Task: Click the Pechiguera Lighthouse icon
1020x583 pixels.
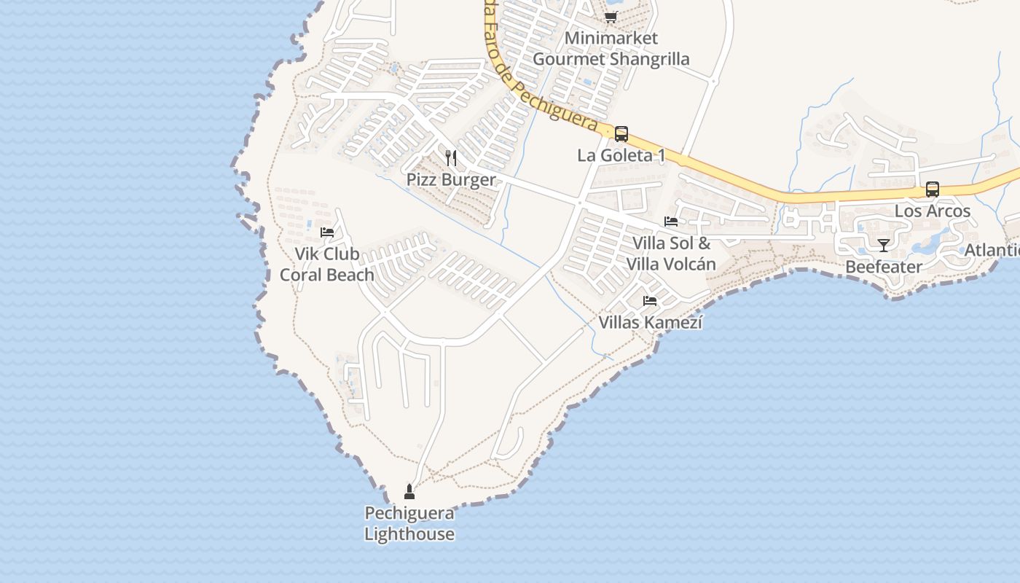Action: [x=409, y=492]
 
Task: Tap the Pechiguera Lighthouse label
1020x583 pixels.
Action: [x=409, y=523]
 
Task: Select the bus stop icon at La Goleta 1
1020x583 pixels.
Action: [x=621, y=134]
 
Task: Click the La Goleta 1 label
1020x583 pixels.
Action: [x=621, y=155]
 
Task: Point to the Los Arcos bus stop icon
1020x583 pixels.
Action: [x=932, y=189]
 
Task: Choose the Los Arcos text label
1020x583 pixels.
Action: [x=933, y=211]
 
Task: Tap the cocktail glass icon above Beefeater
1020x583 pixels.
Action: [x=884, y=245]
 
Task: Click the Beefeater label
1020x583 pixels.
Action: [x=884, y=267]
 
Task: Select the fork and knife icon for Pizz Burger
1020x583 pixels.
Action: [x=451, y=158]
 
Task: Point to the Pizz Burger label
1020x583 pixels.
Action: [x=451, y=179]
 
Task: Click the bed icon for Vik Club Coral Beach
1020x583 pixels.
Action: [x=327, y=232]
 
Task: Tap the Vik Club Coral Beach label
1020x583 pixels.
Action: [x=327, y=265]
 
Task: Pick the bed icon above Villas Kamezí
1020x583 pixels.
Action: [x=650, y=300]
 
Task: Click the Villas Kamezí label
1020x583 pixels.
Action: [x=651, y=321]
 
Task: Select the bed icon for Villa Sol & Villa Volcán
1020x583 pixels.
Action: [x=671, y=221]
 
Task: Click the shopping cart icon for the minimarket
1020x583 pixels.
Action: [x=611, y=17]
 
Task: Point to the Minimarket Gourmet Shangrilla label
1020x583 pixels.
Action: [x=611, y=48]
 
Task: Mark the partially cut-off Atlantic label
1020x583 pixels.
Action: [x=992, y=251]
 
